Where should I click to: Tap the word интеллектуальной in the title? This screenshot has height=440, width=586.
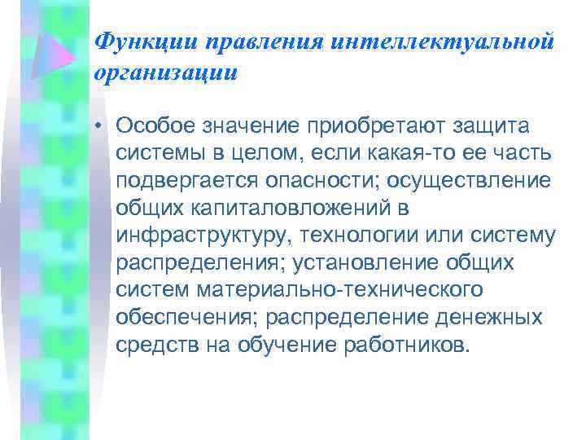coord(443,41)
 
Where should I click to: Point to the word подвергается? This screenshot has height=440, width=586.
coord(183,181)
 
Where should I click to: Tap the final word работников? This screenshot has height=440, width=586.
coord(408,345)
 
